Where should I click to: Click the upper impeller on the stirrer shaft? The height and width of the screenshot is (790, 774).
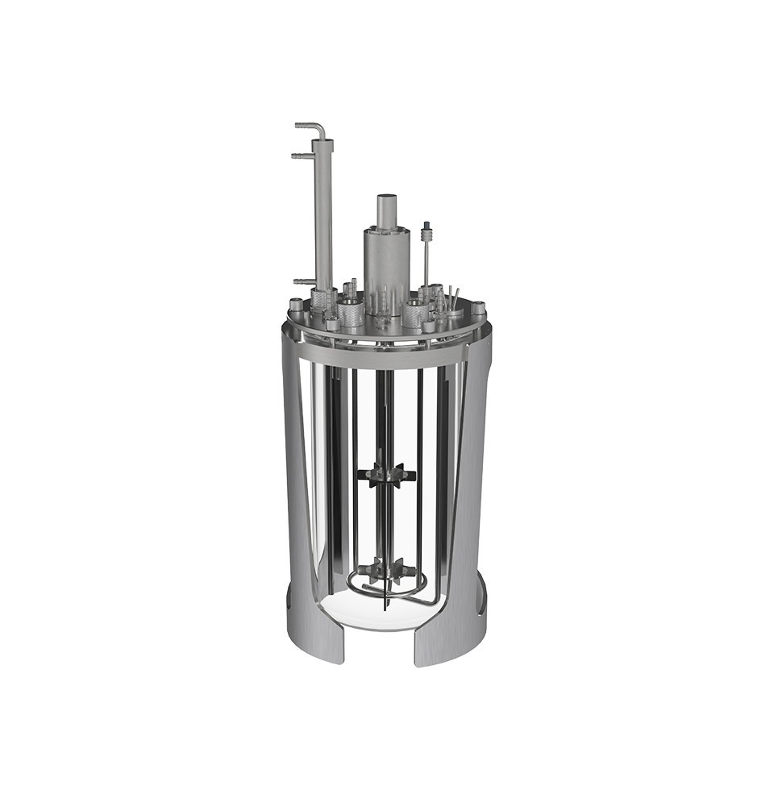point(387,475)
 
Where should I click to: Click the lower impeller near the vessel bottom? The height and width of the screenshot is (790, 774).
point(387,571)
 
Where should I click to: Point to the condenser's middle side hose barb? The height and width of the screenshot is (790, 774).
point(300,155)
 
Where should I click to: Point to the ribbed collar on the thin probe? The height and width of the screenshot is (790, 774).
point(427,235)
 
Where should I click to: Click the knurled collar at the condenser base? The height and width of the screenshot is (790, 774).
point(323,299)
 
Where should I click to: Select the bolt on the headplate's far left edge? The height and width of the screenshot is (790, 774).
point(295,305)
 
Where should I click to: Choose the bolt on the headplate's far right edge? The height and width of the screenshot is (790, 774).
point(479,308)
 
